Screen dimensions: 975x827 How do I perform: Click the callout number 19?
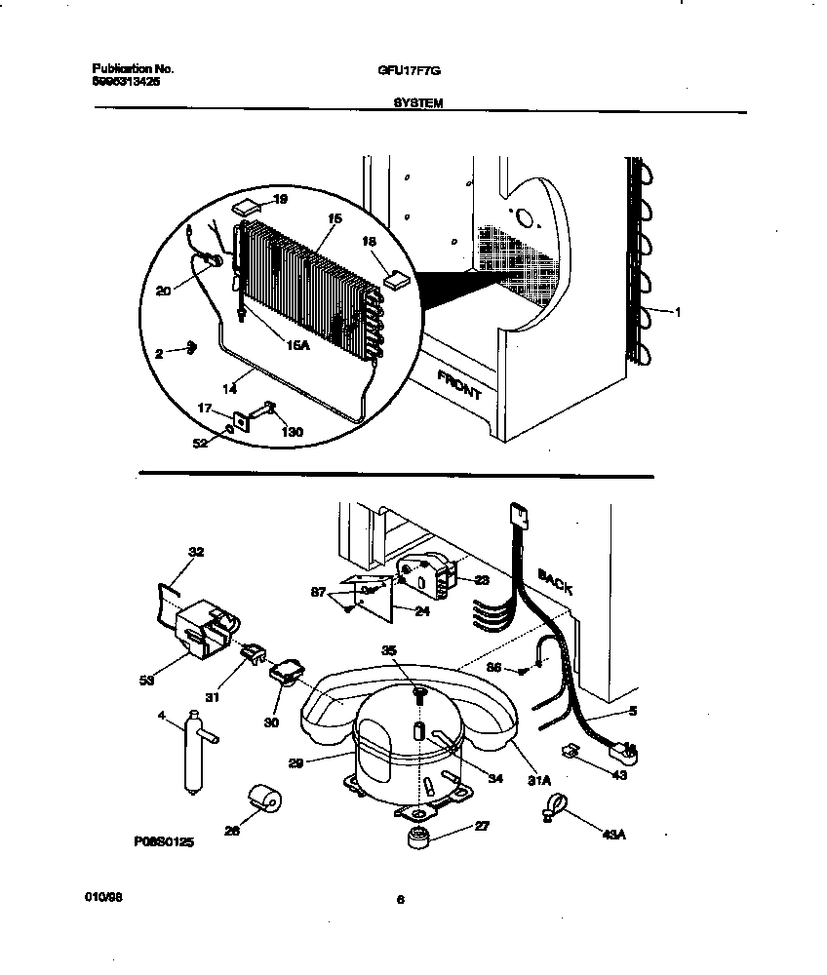tap(281, 199)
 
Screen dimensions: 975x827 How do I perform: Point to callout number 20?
tap(162, 289)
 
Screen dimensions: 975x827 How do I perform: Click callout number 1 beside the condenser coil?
tap(678, 312)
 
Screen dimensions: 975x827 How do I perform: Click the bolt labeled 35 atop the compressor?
tap(418, 693)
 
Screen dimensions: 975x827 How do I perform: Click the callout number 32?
tap(195, 552)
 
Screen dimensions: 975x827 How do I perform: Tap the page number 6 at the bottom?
tap(400, 901)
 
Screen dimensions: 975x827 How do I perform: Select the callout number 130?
tap(291, 431)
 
